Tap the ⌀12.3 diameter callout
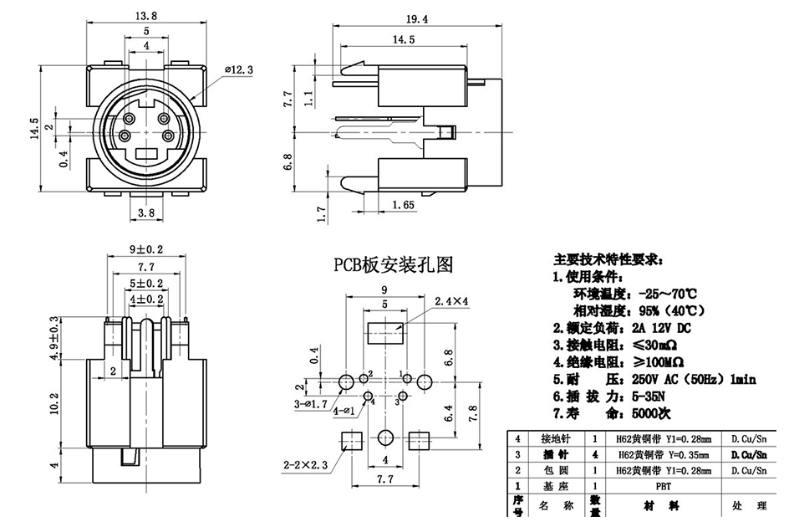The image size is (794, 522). [x=238, y=70]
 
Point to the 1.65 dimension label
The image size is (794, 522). [x=402, y=204]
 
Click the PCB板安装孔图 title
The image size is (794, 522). [x=394, y=266]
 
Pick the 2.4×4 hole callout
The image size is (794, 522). [x=451, y=300]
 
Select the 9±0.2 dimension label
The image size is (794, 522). [x=146, y=249]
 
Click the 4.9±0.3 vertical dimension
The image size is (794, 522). [x=56, y=339]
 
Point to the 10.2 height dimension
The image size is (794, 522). [x=55, y=402]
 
